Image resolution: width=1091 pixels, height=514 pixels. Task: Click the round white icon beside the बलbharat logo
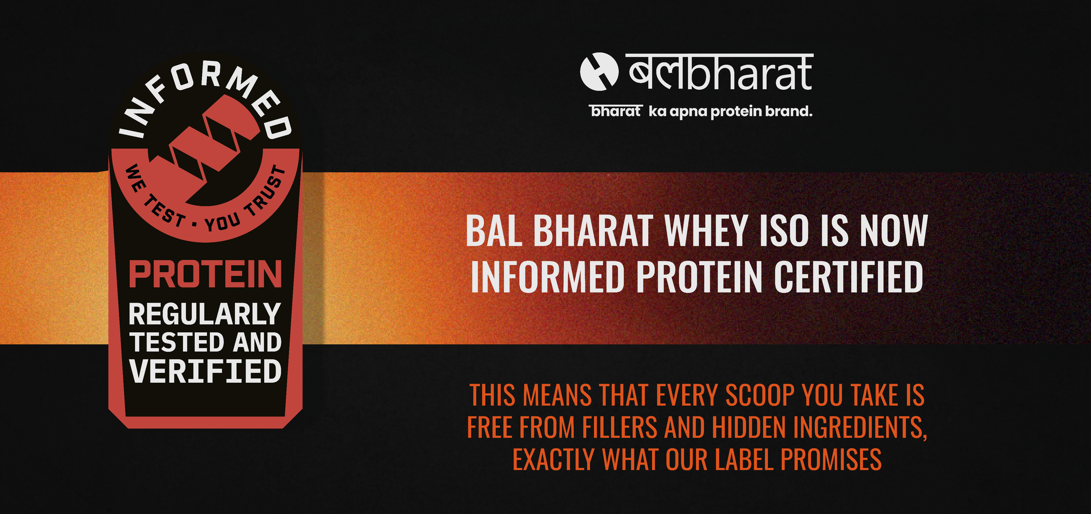coord(599,72)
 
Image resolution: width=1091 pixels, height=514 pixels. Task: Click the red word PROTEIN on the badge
coord(205,274)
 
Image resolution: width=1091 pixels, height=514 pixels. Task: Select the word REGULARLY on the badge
coord(205,314)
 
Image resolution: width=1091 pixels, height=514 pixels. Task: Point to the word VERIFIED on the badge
coord(205,371)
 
